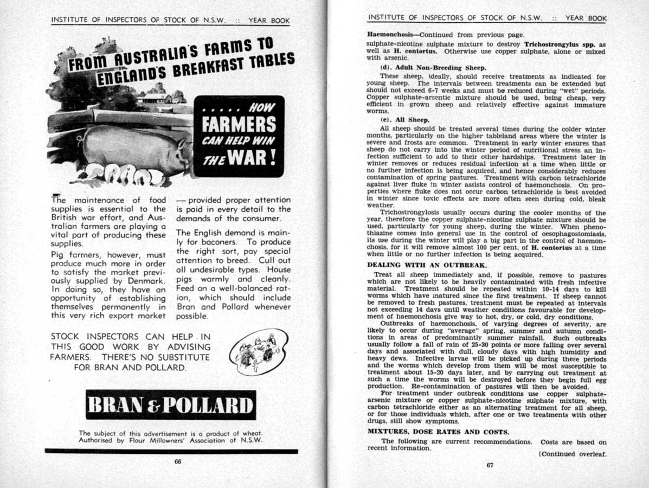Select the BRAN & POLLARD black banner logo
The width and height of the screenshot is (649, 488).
[x=171, y=405]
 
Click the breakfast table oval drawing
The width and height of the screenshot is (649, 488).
[x=258, y=351]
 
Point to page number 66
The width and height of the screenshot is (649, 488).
[x=177, y=462]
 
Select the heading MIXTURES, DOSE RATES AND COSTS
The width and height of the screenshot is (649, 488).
[x=438, y=432]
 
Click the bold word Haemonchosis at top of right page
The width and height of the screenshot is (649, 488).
[x=391, y=34]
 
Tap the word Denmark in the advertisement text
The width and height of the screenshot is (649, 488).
[x=146, y=281]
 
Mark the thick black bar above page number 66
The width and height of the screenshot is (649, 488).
[x=171, y=451]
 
